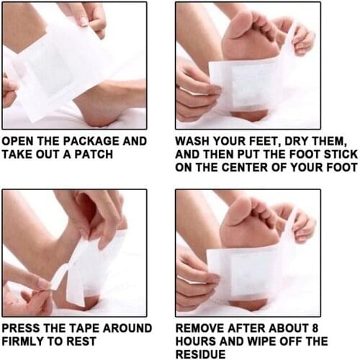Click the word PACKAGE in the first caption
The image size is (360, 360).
[x=92, y=141]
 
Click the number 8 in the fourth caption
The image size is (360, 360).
[x=315, y=328]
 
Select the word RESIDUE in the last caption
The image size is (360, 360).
[x=201, y=354]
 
